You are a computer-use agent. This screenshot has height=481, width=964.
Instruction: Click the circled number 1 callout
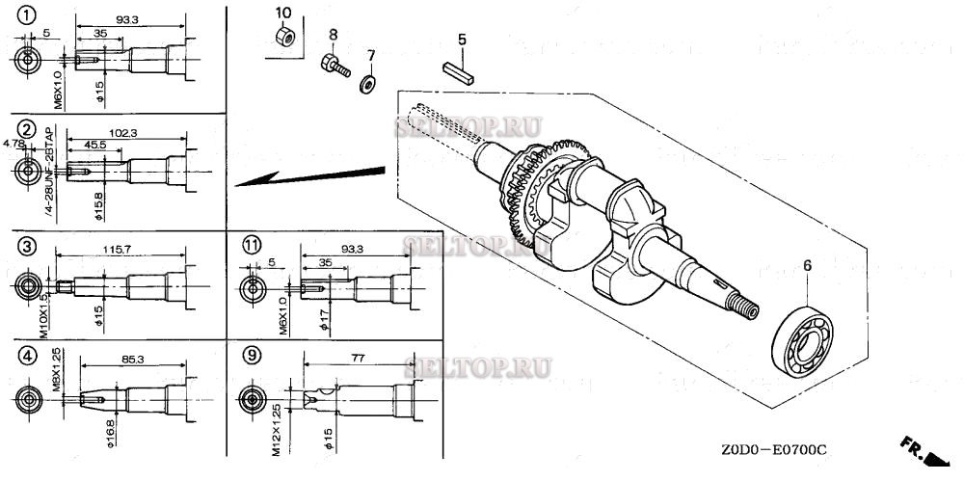pyautogui.click(x=27, y=16)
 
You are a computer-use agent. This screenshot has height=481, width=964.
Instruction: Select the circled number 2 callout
pyautogui.click(x=27, y=130)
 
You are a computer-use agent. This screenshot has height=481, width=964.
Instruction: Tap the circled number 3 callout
pyautogui.click(x=27, y=247)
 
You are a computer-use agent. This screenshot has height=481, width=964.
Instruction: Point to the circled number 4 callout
pyautogui.click(x=27, y=355)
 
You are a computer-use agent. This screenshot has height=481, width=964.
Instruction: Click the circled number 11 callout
pyautogui.click(x=252, y=246)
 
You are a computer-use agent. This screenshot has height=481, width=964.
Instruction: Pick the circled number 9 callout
pyautogui.click(x=252, y=355)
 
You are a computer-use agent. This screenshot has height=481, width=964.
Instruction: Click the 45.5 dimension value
pyautogui.click(x=94, y=146)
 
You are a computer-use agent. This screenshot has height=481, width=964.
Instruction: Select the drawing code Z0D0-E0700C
pyautogui.click(x=771, y=449)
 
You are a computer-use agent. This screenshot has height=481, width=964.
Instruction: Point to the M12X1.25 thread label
pyautogui.click(x=276, y=430)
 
